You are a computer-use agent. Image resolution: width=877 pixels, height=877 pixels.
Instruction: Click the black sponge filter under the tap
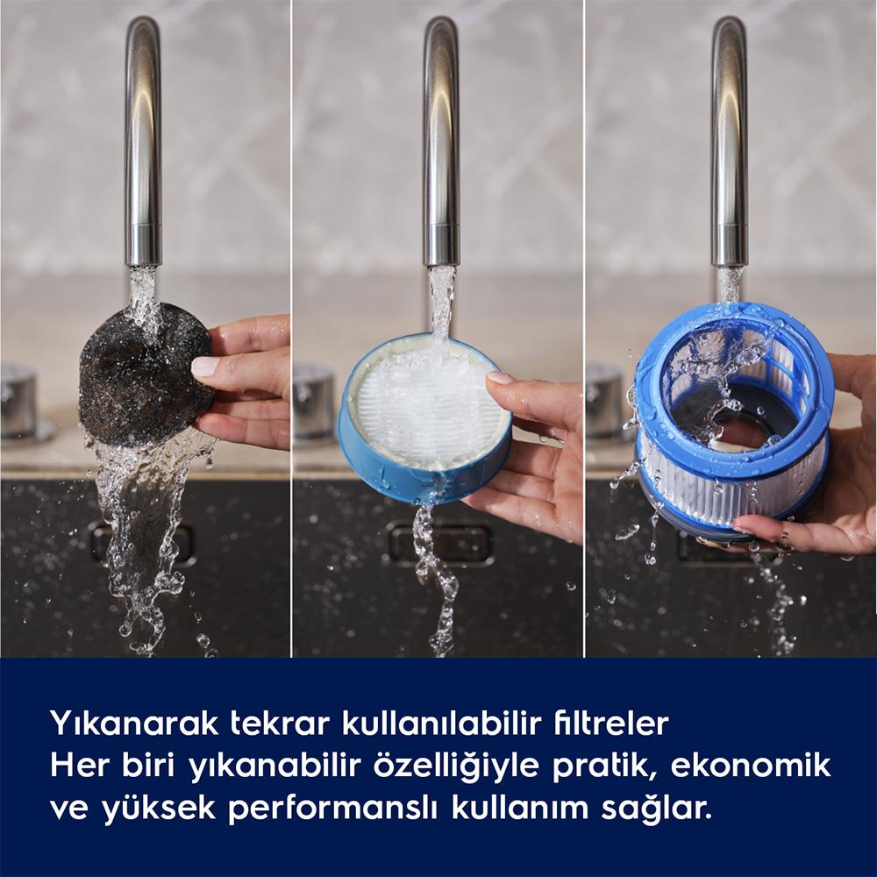click(146, 374)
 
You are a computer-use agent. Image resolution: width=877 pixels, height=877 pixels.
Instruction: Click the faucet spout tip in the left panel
click(143, 263)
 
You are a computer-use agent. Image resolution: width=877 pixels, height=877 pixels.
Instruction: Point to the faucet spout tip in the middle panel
click(441, 263)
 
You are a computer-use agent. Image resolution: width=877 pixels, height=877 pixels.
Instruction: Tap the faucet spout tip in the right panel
click(730, 263)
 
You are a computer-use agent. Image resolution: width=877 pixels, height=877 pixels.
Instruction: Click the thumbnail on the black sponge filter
click(205, 367)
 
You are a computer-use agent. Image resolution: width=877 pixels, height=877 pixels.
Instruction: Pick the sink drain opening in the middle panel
click(442, 541)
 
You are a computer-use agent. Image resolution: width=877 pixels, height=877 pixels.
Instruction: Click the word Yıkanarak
click(134, 724)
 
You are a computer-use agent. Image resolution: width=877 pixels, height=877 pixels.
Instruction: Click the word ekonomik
click(751, 766)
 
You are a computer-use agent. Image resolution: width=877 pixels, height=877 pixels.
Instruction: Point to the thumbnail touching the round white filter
click(500, 377)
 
